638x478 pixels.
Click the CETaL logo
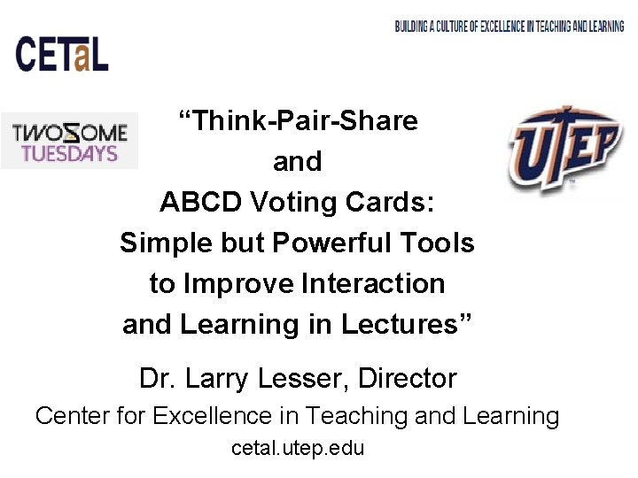[x=62, y=53]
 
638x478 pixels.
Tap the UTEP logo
[x=564, y=149]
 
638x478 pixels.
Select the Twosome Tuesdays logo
[x=69, y=142]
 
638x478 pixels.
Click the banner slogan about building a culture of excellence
[x=510, y=27]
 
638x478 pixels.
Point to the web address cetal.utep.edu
[x=298, y=448]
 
